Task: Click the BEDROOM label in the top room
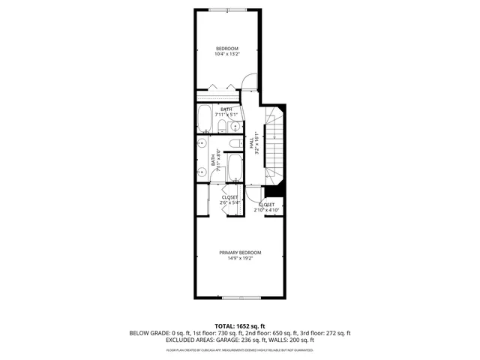coord(227,48)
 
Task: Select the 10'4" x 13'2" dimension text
coord(227,54)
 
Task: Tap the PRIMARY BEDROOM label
coord(240,252)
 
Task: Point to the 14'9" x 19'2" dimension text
coord(240,258)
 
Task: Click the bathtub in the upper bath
coord(205,118)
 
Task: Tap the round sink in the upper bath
coord(236,125)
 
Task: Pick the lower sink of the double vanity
coord(202,172)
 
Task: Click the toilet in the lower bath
coord(234,143)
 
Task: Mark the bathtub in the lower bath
coord(233,168)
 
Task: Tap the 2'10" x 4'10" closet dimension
coord(266,210)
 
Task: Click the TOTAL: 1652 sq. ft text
coord(240,325)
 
